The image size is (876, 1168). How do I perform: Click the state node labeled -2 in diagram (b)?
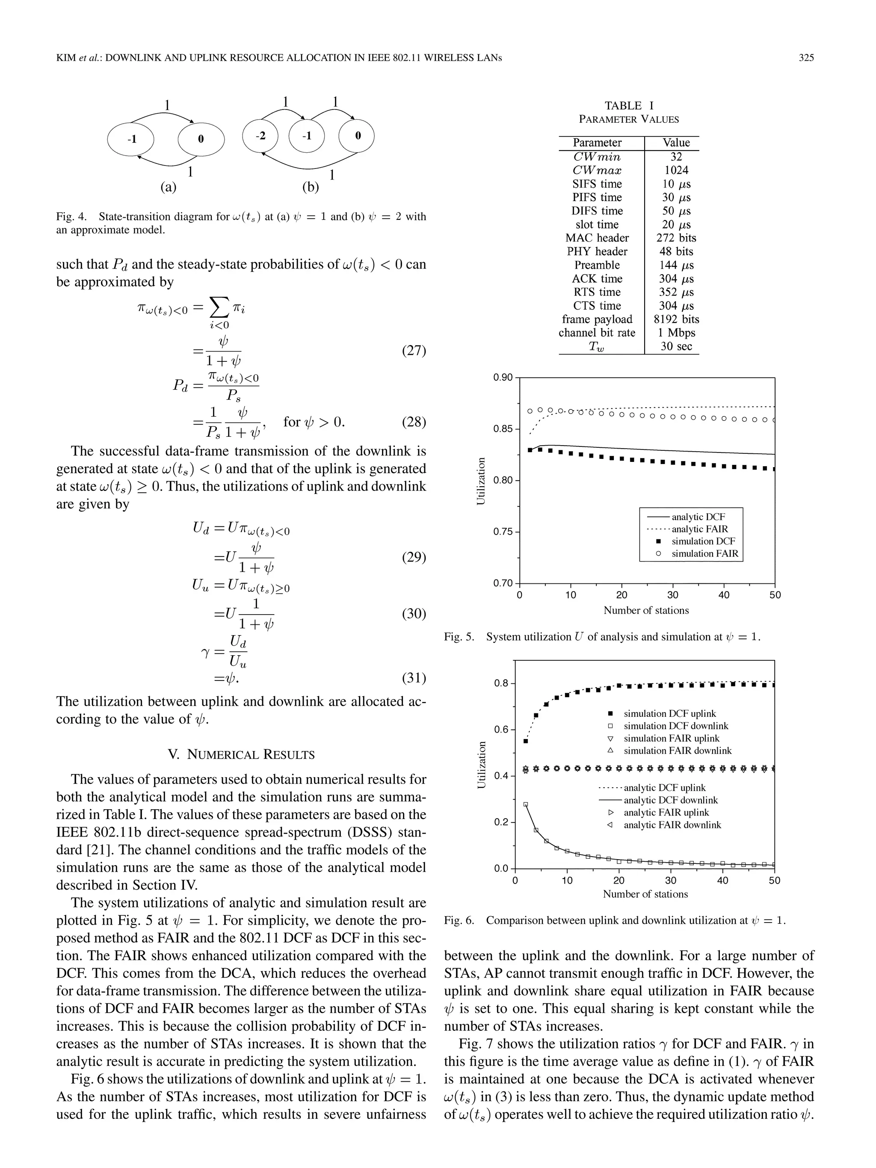tap(261, 136)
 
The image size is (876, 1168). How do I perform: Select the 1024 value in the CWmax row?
tap(676, 170)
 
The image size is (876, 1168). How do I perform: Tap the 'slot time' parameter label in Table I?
tap(597, 225)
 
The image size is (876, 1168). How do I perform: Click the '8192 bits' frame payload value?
tap(676, 319)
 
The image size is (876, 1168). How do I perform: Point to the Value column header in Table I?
tap(676, 142)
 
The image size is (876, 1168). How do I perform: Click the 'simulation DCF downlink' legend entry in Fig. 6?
tap(676, 726)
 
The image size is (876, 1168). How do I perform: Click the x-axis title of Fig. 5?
tap(646, 610)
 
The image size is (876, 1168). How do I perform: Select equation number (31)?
tap(414, 677)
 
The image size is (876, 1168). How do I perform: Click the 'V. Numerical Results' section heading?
tap(241, 754)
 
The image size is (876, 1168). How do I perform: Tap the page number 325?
tap(806, 58)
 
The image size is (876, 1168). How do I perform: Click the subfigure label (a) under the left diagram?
tap(168, 187)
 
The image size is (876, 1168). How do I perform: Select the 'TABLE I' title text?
tap(628, 105)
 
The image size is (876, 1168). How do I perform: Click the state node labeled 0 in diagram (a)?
tap(201, 139)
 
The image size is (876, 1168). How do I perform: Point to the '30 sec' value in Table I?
tap(676, 346)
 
